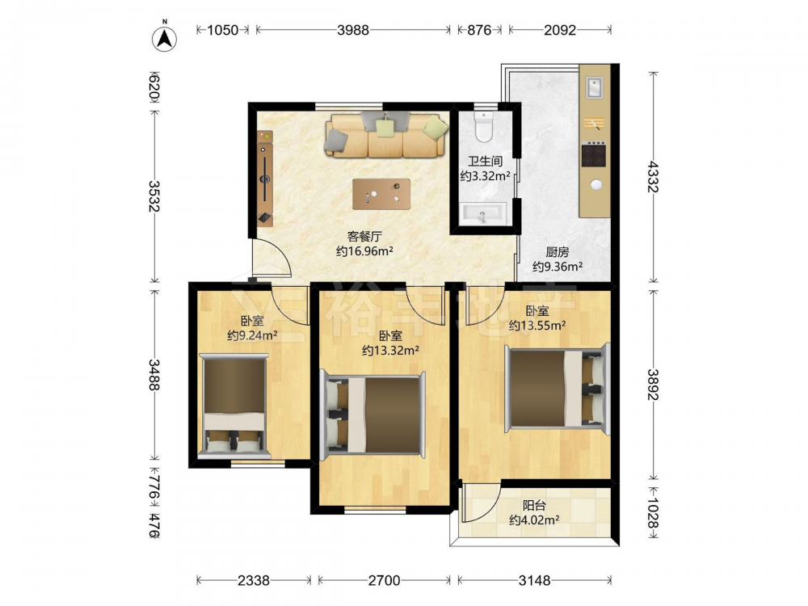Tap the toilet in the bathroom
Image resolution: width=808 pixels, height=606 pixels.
click(484, 127)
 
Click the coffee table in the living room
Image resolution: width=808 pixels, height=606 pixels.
click(381, 194)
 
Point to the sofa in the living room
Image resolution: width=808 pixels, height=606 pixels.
click(385, 135)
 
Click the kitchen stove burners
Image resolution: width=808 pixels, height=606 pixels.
click(593, 154)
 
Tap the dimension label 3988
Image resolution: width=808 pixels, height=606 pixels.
click(353, 30)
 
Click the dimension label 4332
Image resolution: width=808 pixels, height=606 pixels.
click(653, 177)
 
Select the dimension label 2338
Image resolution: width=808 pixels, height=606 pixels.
click(253, 581)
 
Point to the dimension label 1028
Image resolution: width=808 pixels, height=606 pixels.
click(653, 513)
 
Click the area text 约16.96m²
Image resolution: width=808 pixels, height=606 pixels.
click(365, 251)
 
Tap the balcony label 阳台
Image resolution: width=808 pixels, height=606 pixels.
click(534, 506)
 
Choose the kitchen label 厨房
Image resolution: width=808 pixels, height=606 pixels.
click(557, 252)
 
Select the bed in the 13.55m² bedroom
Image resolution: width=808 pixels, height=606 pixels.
click(557, 388)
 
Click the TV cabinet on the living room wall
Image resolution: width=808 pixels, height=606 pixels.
click(265, 179)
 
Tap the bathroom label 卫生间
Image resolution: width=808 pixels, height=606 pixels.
click(485, 162)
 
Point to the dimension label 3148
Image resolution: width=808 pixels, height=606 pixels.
click(534, 581)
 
